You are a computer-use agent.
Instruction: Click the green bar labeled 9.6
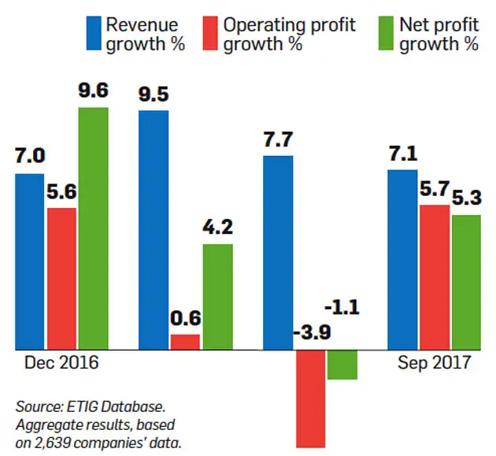pyautogui.click(x=93, y=228)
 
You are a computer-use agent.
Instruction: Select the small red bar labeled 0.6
pyautogui.click(x=185, y=341)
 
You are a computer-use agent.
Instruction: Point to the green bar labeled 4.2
pyautogui.click(x=217, y=296)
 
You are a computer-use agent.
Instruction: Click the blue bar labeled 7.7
pyautogui.click(x=278, y=252)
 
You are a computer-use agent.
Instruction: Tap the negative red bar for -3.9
pyautogui.click(x=310, y=398)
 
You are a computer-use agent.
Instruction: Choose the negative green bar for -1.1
pyautogui.click(x=342, y=364)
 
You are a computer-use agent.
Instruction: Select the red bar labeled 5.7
pyautogui.click(x=434, y=276)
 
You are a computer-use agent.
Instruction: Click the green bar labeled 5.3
pyautogui.click(x=465, y=281)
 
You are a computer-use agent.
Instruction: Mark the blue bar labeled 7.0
pyautogui.click(x=30, y=261)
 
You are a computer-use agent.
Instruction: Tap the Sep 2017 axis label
pyautogui.click(x=434, y=363)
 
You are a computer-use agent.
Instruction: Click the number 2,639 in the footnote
pyautogui.click(x=56, y=443)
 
